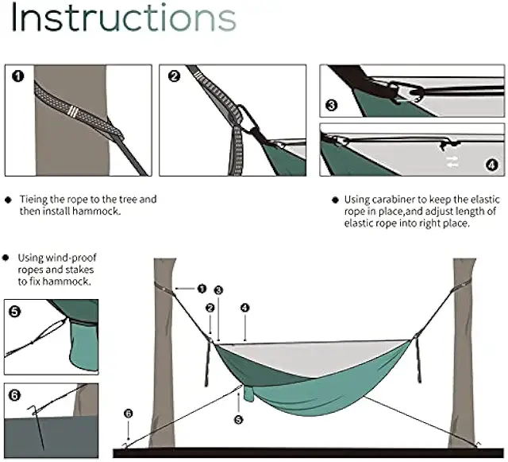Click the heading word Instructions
click(x=124, y=19)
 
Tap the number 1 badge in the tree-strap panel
click(x=18, y=77)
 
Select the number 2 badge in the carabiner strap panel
click(x=175, y=77)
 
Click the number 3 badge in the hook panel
click(x=332, y=104)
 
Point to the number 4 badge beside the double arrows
click(x=491, y=165)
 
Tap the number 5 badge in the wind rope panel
click(x=14, y=312)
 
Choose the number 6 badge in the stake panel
click(x=14, y=395)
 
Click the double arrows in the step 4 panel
click(x=452, y=162)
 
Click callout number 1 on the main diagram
click(x=202, y=288)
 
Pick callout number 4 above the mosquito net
click(x=245, y=307)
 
